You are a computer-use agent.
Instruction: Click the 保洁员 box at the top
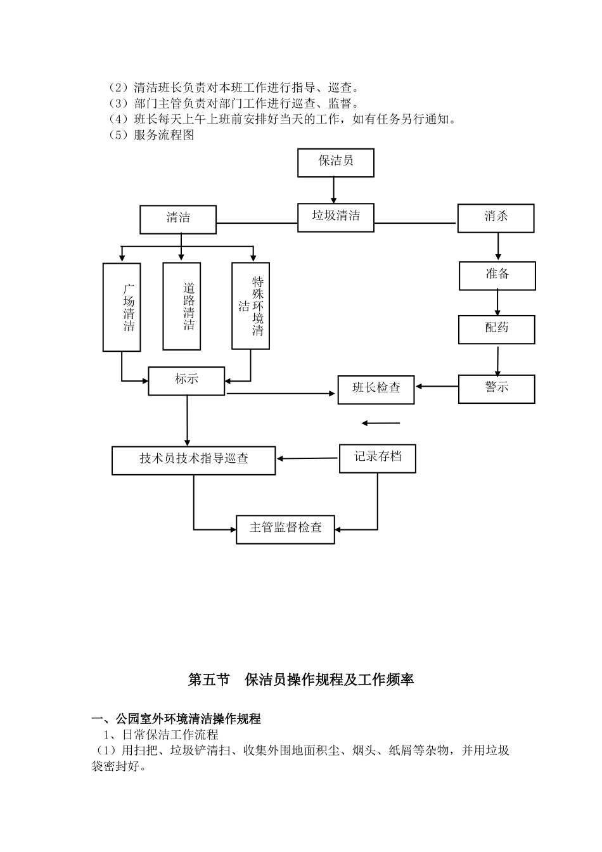(335, 162)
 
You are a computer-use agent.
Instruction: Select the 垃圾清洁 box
(335, 217)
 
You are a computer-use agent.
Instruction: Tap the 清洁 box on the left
(178, 219)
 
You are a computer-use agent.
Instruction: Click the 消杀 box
(496, 217)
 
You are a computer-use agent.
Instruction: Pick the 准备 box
(497, 275)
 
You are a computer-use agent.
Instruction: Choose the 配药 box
(497, 329)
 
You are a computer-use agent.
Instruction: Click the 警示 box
(497, 388)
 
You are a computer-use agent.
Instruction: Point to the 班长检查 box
(376, 389)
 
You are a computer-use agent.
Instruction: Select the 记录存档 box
(377, 458)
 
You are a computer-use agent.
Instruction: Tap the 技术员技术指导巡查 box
(193, 460)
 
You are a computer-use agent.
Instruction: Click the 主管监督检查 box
(285, 529)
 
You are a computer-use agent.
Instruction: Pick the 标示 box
(186, 380)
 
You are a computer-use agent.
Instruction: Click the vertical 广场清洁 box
(122, 307)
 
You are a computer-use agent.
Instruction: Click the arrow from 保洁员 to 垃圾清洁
(334, 190)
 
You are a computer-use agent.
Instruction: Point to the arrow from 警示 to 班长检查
(437, 385)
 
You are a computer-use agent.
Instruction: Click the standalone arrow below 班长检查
(381, 423)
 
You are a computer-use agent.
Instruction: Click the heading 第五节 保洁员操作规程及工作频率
(301, 680)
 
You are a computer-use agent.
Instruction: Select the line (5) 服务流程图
(151, 134)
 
